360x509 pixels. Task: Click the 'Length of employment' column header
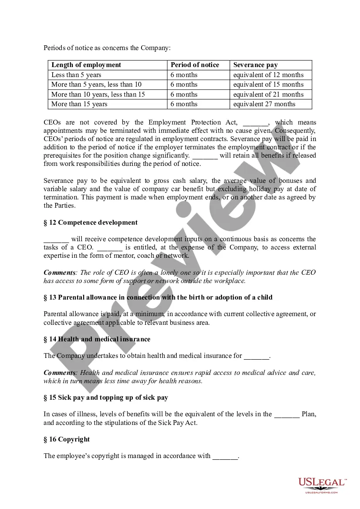86,65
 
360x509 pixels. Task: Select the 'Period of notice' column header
195,65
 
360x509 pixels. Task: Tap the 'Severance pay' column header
255,65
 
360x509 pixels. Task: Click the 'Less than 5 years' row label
76,75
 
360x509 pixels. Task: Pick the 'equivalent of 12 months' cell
268,75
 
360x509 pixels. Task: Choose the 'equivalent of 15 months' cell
268,84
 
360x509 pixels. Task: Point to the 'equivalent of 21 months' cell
268,94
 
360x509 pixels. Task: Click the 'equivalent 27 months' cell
264,104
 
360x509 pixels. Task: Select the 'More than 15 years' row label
79,104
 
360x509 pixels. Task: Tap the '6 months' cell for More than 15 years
184,104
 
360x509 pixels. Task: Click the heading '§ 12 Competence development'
91,222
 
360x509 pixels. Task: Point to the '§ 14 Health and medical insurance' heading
97,339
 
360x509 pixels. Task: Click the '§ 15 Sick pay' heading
106,398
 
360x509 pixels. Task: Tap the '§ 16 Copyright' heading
67,439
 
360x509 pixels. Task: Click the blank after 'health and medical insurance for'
256,357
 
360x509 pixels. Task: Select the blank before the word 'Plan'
287,415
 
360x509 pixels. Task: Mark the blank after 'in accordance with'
225,457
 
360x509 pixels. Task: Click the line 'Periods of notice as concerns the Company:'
107,48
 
